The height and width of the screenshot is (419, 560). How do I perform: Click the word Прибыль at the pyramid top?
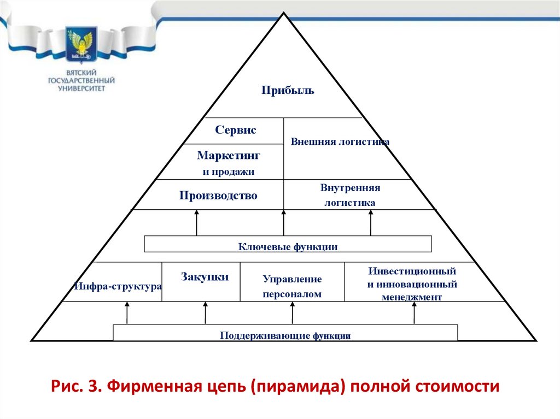(x=287, y=90)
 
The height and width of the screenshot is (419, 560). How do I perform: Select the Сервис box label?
(x=236, y=131)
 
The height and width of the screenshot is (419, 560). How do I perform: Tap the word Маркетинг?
(x=229, y=156)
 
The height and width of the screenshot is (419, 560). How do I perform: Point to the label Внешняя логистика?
(x=340, y=141)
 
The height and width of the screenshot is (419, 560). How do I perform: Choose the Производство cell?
(x=218, y=196)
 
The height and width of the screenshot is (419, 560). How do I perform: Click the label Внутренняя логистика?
(x=350, y=195)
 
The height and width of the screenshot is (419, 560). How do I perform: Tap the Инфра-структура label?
(x=118, y=286)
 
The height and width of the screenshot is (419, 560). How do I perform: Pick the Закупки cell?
(x=205, y=277)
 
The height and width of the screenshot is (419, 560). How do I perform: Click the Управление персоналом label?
(x=292, y=286)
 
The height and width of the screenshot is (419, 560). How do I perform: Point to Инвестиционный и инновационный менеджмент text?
(x=412, y=284)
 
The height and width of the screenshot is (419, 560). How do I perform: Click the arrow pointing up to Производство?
(x=196, y=223)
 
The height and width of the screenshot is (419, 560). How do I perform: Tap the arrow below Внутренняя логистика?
(x=371, y=223)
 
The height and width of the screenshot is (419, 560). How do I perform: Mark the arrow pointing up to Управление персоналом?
(x=293, y=312)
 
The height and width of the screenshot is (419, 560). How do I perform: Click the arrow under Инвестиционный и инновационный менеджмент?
(x=414, y=312)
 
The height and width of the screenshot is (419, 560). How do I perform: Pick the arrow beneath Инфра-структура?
(x=127, y=313)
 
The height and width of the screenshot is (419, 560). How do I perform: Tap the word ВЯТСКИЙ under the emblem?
(x=81, y=72)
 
